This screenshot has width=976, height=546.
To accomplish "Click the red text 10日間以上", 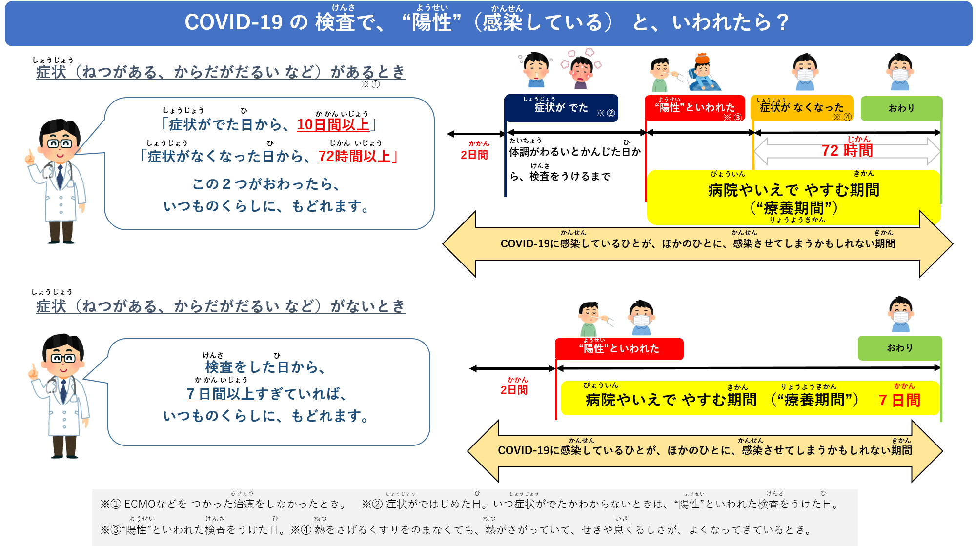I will point(333,124).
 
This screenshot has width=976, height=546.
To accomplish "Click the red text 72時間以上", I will point(355,156).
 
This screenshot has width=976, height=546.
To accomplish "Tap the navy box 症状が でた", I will point(561,108).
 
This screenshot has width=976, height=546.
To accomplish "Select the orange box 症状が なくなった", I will point(801,108).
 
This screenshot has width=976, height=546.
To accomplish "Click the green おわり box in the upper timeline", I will point(901,108).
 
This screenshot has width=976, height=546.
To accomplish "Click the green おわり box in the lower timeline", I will point(899,348).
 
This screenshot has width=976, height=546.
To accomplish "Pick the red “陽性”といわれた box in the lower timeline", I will point(619,348).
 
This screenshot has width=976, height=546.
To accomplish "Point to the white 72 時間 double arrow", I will point(847,151).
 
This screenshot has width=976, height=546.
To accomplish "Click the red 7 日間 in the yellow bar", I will point(899,401).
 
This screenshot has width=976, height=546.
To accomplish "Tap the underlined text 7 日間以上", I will point(220,394).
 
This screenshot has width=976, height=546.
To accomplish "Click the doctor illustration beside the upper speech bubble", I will point(58,182).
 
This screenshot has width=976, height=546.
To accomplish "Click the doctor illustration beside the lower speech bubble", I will point(61,396).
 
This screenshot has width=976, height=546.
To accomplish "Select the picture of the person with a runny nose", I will point(535,70).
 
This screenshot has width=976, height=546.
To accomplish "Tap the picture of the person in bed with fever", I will point(705,72).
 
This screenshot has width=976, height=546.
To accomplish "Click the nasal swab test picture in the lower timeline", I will point(595,318).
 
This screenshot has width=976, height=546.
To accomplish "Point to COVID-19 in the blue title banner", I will point(233,22).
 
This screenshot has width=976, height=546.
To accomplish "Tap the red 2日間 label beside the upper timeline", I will point(474,155).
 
